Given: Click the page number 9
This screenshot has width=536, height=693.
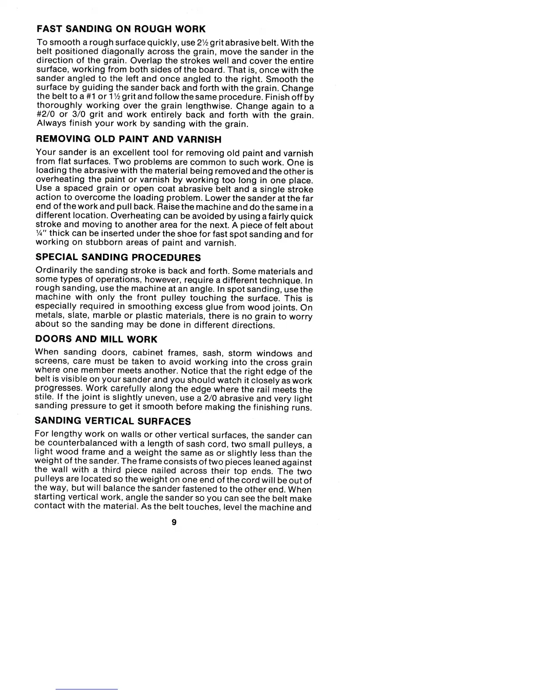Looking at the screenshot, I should tap(174, 521).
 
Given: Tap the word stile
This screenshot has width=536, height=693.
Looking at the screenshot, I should tap(42, 398).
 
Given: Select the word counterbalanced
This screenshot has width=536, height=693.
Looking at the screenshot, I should tap(77, 444).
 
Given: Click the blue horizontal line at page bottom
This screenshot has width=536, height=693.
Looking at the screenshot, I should tap(87, 689).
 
